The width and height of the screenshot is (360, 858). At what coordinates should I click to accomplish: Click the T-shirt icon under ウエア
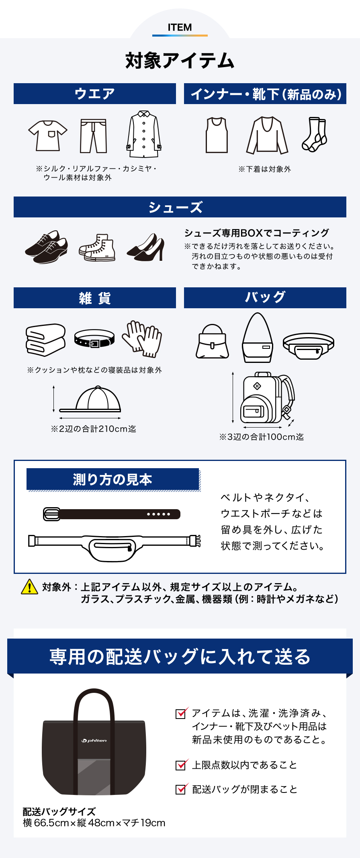[48, 135]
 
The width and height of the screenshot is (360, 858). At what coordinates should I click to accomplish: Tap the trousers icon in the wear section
[93, 136]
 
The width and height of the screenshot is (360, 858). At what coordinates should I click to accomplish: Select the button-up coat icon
[144, 134]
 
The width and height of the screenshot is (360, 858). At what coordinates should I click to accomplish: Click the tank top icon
[217, 135]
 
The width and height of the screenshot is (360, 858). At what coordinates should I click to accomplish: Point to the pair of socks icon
[314, 135]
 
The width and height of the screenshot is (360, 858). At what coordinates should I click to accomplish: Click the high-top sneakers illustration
[97, 248]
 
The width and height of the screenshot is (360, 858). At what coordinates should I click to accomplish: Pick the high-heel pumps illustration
[146, 248]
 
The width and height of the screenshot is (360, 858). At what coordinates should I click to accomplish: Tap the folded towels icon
[45, 340]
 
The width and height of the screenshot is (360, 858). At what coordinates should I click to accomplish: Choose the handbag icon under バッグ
[212, 342]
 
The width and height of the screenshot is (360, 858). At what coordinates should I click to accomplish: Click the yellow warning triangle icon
[29, 587]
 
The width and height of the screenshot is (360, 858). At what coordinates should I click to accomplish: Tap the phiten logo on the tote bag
[94, 740]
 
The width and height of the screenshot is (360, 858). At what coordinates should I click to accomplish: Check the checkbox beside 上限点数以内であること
[181, 765]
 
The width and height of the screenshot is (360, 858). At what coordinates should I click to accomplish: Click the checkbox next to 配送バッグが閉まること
[181, 789]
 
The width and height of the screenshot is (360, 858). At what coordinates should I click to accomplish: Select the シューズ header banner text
[176, 207]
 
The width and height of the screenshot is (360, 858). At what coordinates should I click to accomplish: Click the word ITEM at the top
[180, 27]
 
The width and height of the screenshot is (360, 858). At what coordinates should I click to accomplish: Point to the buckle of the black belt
[51, 514]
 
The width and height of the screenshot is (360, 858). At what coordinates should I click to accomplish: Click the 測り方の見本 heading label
[112, 479]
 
